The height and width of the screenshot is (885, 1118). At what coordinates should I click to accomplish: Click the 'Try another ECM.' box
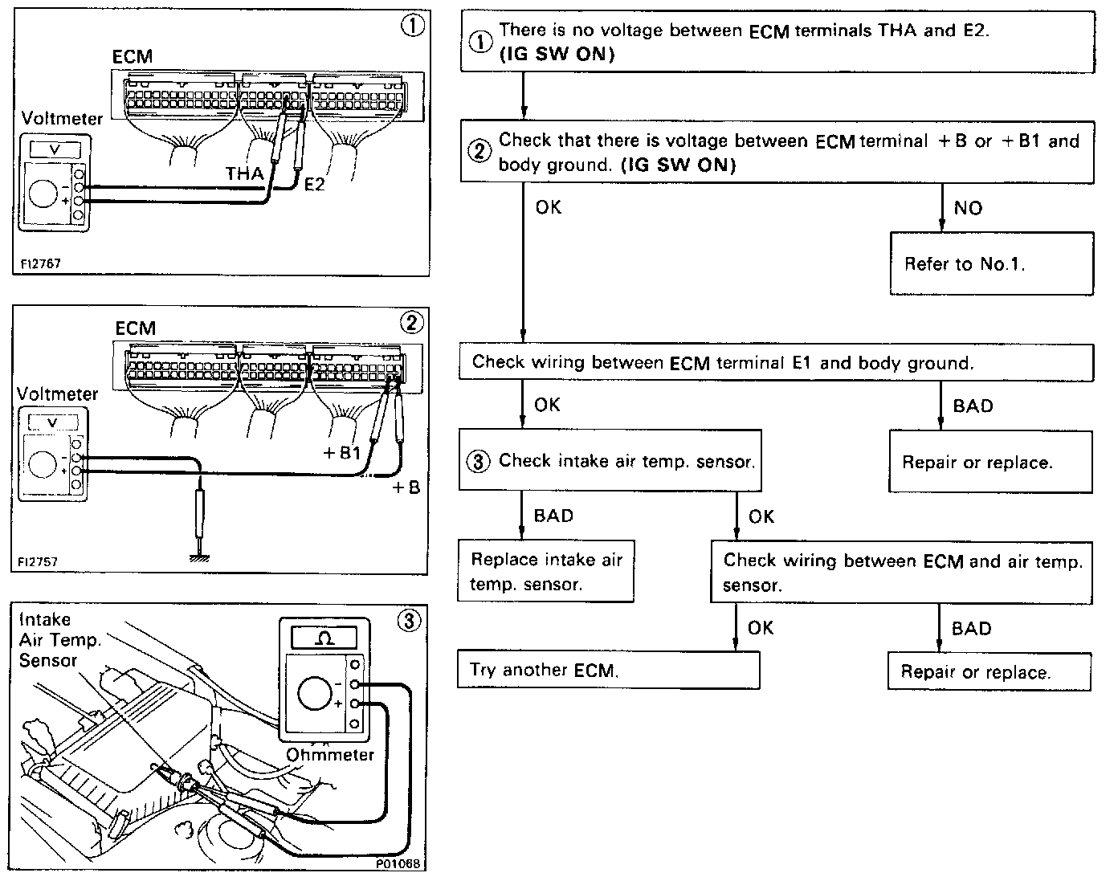pos(608,670)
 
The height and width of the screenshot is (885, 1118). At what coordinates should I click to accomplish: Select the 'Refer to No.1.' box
pos(991,263)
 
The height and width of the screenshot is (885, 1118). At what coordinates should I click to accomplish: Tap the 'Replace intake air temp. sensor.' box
pos(546,571)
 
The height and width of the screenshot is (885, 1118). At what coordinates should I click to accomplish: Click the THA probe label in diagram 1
pos(245,173)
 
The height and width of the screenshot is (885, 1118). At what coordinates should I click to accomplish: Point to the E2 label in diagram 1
pos(314,185)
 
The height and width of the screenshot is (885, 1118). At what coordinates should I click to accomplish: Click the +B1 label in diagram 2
pos(342,453)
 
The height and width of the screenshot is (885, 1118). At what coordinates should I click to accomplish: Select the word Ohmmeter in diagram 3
pos(330,755)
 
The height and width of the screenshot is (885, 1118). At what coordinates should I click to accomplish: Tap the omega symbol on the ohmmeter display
pos(324,638)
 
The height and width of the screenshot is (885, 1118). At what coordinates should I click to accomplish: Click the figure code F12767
pos(41,263)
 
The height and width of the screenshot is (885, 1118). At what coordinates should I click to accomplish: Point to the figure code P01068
pos(399,864)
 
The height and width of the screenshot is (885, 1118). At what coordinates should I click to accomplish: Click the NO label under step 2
pos(968,208)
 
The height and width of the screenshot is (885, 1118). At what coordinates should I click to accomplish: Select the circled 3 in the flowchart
pos(479,462)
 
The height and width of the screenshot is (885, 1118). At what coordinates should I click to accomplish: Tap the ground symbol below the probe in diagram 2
pos(198,556)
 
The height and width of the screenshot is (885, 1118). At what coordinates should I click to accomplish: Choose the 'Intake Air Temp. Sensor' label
pos(49,640)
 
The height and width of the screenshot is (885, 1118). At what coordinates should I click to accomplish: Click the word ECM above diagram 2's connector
pos(136,328)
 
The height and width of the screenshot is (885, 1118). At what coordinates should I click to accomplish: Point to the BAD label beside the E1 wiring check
pos(973,406)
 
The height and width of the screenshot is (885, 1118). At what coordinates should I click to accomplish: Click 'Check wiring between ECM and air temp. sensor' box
pos(901,572)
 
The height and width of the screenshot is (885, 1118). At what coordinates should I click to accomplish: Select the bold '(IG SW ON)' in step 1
pos(557,55)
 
